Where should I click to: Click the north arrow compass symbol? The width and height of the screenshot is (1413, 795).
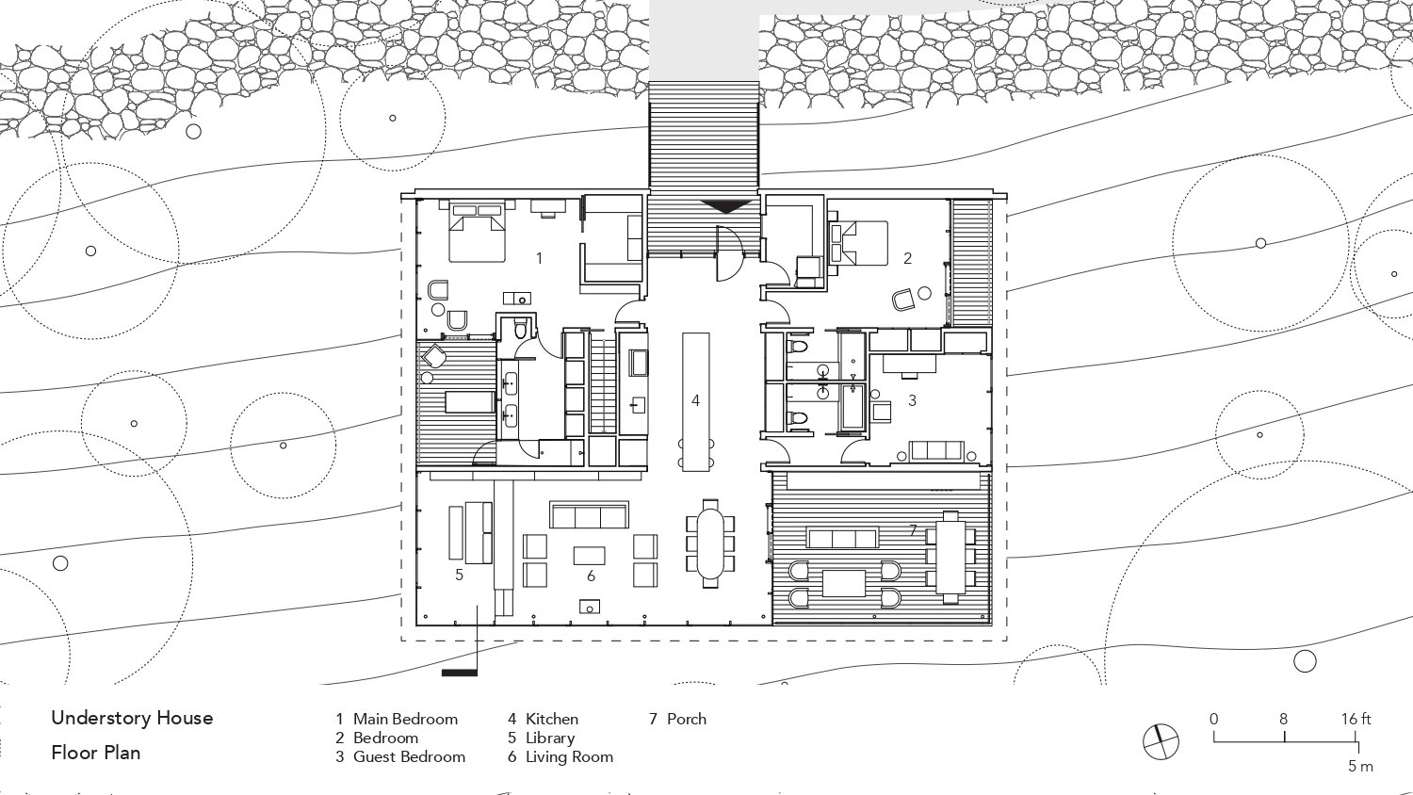(1161, 741)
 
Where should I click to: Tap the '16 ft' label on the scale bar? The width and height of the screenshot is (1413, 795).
(1356, 719)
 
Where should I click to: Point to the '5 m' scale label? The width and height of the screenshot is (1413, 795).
(1360, 766)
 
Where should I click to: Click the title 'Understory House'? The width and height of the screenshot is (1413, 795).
(133, 718)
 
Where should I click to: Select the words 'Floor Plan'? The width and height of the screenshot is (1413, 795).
(96, 753)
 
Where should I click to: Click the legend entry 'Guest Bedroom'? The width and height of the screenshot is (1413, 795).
(409, 756)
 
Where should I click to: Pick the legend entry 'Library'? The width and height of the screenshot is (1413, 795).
(550, 738)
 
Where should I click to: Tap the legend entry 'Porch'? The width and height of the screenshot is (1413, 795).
(687, 719)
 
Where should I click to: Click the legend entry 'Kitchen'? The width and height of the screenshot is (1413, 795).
(552, 719)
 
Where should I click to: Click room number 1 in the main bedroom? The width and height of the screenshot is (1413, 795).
(539, 257)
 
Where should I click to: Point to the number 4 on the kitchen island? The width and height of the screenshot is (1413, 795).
(696, 400)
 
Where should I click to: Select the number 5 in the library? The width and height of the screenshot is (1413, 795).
(460, 575)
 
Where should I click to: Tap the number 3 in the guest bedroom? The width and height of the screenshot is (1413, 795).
(912, 400)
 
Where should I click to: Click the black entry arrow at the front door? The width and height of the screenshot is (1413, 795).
(725, 205)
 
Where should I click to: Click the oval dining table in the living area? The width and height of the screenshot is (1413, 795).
(711, 544)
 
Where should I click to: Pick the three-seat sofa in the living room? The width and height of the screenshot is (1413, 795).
(589, 515)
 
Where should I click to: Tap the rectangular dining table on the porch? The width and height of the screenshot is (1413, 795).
(950, 557)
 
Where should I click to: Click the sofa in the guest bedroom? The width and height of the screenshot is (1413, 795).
(937, 452)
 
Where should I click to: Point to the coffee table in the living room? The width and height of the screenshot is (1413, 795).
(589, 556)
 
